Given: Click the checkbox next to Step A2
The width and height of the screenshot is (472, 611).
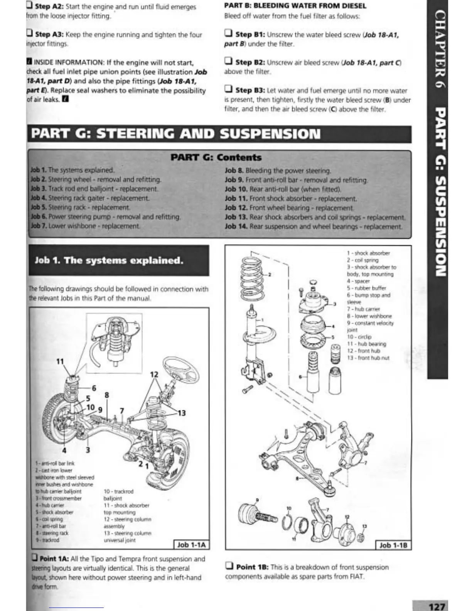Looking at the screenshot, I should click(x=29, y=6).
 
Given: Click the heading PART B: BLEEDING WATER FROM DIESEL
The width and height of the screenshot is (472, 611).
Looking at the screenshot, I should click(x=295, y=6).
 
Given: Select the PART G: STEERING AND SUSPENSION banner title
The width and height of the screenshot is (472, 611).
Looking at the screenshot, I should click(x=176, y=134).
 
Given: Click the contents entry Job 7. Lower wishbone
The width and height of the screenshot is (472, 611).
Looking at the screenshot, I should click(x=85, y=226).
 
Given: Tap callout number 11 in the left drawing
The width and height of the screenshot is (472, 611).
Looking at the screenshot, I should click(x=60, y=361).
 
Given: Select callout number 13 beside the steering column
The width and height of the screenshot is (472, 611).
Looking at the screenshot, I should click(x=181, y=413).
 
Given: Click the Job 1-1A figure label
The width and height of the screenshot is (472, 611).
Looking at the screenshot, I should click(x=192, y=545).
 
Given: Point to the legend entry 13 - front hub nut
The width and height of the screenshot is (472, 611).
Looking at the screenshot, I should click(x=368, y=358).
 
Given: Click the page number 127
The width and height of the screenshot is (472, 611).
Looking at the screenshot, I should click(x=437, y=606).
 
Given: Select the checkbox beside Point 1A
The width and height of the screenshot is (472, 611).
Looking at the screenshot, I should click(x=35, y=558).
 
